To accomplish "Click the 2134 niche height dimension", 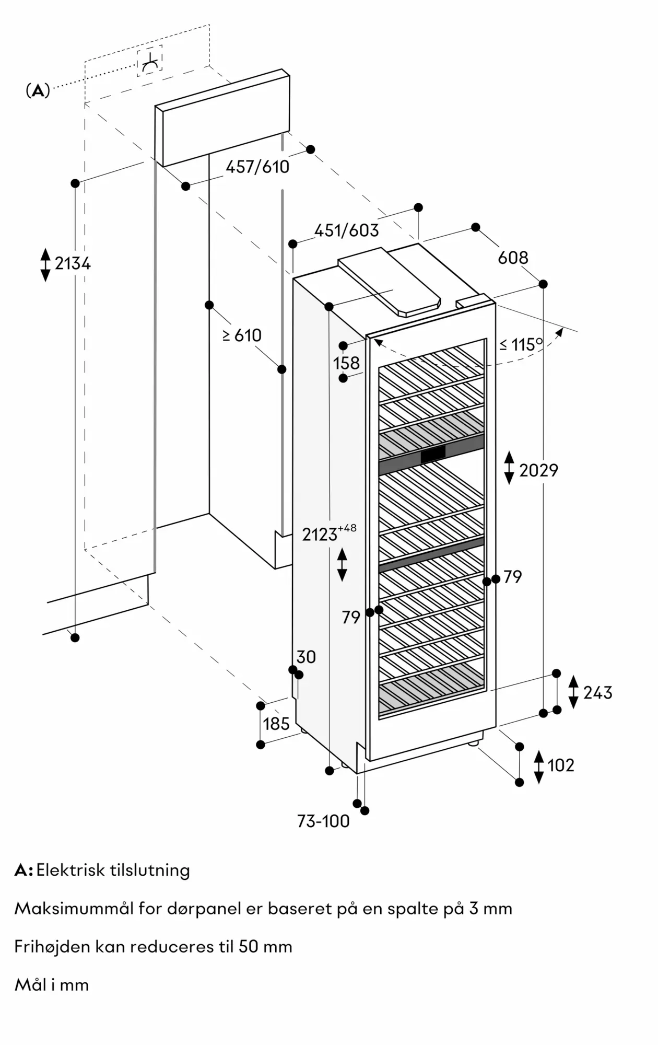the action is (73, 263).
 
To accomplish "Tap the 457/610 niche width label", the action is (257, 167).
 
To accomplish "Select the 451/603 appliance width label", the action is (347, 230).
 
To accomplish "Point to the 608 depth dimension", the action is (513, 258).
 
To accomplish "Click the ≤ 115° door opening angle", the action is (521, 344).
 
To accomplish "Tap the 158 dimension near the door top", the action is (347, 363).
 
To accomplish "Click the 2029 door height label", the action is (538, 470).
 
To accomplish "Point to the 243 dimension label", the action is (598, 693).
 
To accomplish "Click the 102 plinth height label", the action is (561, 765).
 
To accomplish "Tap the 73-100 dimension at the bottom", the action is (323, 821).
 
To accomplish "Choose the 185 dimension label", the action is (276, 724).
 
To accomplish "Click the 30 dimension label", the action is (306, 657).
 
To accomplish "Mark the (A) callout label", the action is (38, 91).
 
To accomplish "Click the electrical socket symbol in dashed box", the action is (150, 62).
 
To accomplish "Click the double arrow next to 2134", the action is (45, 265).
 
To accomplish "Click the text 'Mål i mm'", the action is (52, 985).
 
